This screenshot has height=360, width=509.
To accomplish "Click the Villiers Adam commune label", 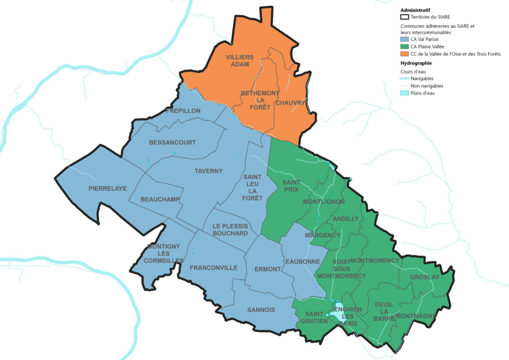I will tap(240, 61).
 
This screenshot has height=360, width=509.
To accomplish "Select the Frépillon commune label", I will tap(183, 111).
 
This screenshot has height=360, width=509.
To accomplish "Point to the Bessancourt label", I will tap(172, 142).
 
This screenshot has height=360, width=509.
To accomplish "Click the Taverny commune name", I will tap(208, 171).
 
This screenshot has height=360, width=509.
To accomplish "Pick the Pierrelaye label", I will tap(108, 188).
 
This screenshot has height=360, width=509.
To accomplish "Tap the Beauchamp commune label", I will tap(160, 199).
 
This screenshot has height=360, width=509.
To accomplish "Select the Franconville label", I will tap(214, 268).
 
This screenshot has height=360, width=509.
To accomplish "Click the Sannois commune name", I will tap(261, 310).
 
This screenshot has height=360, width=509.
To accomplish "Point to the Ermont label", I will tap(267, 269).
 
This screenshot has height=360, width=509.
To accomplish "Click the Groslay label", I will tap(424, 277).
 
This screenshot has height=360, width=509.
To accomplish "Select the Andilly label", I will tap(345, 218).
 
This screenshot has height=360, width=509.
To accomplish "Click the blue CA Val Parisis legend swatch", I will tap(405, 39).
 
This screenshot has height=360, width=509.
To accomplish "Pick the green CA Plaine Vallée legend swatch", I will tap(405, 47).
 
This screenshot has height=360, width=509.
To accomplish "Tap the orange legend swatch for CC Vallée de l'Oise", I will tap(405, 54).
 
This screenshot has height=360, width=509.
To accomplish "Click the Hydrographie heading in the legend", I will tap(416, 63).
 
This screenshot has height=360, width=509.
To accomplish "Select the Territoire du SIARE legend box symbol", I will tap(405, 17).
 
